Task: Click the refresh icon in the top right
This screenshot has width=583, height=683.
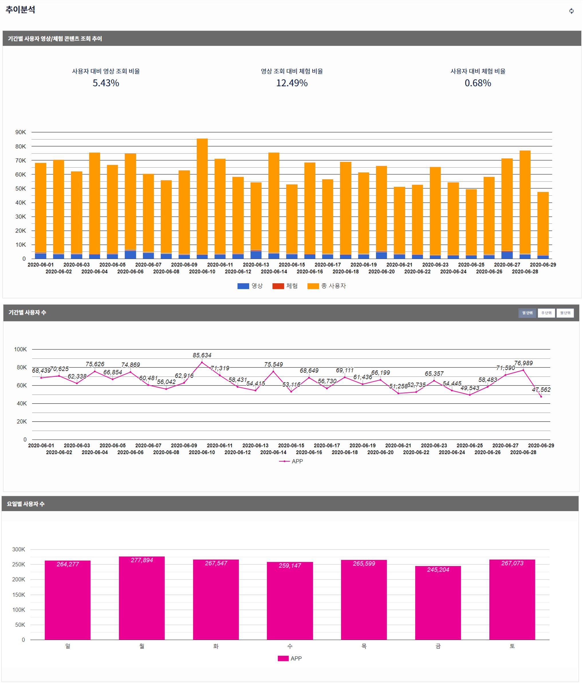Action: pos(572,11)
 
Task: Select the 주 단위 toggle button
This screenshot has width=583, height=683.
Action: pos(546,313)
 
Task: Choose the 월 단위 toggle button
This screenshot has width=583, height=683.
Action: pos(565,313)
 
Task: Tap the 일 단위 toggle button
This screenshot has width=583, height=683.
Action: pos(527,313)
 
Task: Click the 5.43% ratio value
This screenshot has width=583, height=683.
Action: pos(106,83)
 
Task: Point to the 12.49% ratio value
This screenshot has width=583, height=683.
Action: pos(292,83)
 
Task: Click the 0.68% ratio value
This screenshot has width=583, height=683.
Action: pos(478,83)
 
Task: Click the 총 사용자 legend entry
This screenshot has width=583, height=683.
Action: pos(327,286)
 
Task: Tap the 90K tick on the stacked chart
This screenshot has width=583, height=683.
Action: pos(20,132)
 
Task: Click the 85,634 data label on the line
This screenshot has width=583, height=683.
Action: pos(202,355)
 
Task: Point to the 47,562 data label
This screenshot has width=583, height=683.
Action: pos(541,390)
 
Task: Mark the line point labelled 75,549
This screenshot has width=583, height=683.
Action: pos(273,371)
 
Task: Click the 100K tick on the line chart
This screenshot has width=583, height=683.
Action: pos(20,350)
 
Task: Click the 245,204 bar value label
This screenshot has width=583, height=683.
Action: pos(438,570)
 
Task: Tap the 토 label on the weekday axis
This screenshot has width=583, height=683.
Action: pos(512,646)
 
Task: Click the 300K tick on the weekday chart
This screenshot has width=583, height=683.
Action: pos(19,549)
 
